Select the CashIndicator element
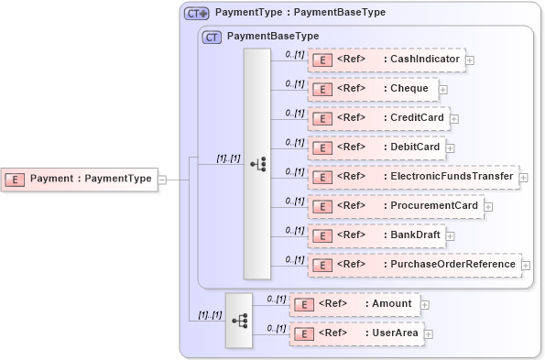pos(387,60)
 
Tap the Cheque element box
pos(373,89)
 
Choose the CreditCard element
pos(378,118)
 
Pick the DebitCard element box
pos(376,147)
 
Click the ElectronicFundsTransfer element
pos(413,177)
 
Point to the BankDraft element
pos(376,235)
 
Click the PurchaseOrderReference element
pos(414,265)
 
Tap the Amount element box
pos(354,304)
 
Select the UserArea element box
pos(356,333)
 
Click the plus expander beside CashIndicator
pos(470,60)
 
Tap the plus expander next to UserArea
pos(429,333)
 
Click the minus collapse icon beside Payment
pos(162,179)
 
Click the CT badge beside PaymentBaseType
pos(213,37)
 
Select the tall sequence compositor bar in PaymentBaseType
pos(256,163)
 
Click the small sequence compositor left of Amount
pos(239,320)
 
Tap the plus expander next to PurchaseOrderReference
pos(526,266)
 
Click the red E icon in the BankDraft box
pos(322,236)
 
